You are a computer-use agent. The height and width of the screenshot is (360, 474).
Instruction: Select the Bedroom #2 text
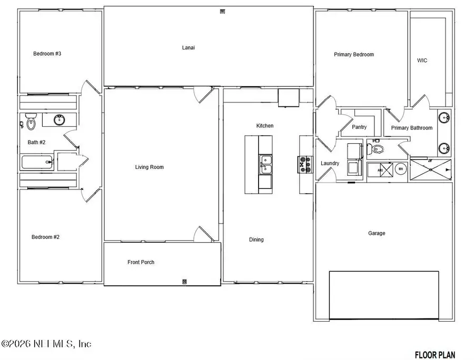pyautogui.click(x=45, y=237)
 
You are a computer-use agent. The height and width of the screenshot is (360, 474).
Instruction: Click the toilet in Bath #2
pyautogui.click(x=31, y=123)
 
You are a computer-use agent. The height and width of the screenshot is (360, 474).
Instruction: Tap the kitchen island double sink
pyautogui.click(x=265, y=165)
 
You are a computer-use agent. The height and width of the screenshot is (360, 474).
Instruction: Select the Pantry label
pyautogui.click(x=359, y=127)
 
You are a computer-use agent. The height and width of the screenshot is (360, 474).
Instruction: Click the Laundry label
pyautogui.click(x=330, y=163)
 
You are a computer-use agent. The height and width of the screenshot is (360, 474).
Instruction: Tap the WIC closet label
pyautogui.click(x=422, y=61)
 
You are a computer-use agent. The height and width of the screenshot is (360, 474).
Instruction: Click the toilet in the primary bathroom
pyautogui.click(x=378, y=149)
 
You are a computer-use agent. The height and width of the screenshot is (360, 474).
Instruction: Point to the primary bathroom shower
pyautogui.click(x=431, y=169)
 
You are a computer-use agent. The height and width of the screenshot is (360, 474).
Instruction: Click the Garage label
pyautogui.click(x=377, y=233)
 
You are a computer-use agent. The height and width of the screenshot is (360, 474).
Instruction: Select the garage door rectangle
pyautogui.click(x=384, y=295)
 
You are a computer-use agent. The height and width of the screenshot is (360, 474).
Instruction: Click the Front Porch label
pyautogui.click(x=141, y=262)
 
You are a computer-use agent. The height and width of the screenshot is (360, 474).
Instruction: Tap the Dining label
pyautogui.click(x=256, y=239)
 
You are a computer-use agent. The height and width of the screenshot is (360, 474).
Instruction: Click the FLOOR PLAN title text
pyautogui.click(x=434, y=354)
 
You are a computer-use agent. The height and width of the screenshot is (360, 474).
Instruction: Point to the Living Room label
pyautogui.click(x=149, y=167)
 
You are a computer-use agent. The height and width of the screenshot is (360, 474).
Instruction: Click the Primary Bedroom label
pyautogui.click(x=353, y=55)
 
